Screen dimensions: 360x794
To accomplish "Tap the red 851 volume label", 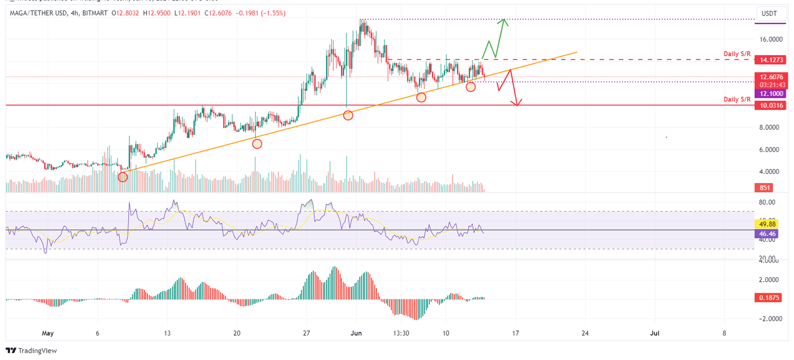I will pyautogui.click(x=762, y=188).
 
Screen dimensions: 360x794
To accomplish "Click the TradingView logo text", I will pyautogui.click(x=32, y=351).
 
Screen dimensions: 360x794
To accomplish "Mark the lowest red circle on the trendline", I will pyautogui.click(x=123, y=177).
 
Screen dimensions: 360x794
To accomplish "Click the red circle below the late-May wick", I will pyautogui.click(x=348, y=115).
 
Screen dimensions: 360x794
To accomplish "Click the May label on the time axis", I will pyautogui.click(x=48, y=333).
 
